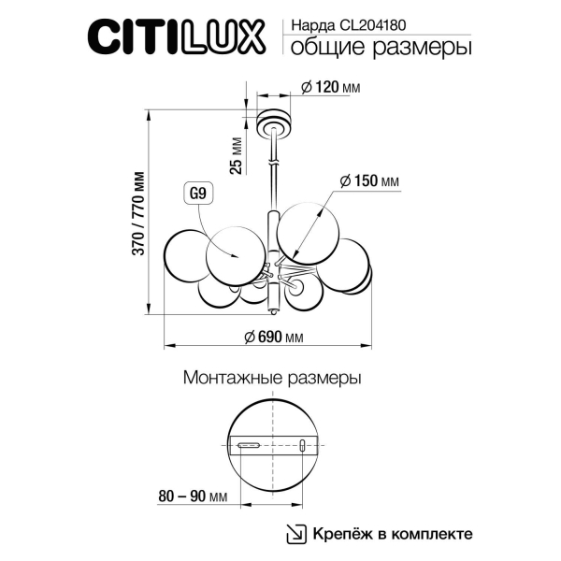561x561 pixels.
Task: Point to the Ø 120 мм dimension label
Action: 330,88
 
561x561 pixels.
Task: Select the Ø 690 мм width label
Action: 274,337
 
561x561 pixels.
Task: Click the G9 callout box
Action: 197,194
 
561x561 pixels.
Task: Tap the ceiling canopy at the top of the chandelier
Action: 275,121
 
